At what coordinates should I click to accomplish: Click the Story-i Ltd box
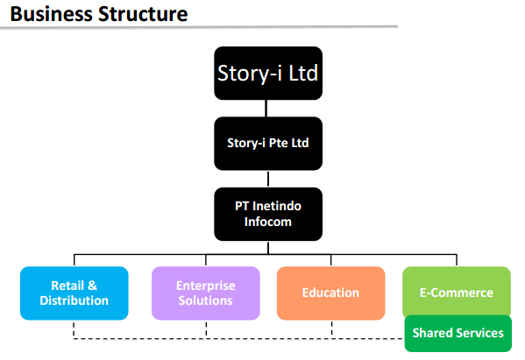coord(268,73)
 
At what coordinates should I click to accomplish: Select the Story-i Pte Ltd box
coord(268,144)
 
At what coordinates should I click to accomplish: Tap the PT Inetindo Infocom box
coord(268,214)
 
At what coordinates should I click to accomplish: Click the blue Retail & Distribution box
coord(74,293)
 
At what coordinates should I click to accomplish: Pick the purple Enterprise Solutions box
coord(206,293)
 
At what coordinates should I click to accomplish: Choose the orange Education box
coord(330,293)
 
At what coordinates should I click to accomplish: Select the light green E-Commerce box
coord(457,291)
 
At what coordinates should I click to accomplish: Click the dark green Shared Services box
coord(458,333)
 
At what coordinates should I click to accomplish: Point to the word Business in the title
coord(51,14)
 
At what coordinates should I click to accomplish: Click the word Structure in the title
coord(143,14)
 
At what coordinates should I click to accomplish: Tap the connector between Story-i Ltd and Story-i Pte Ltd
coord(266,108)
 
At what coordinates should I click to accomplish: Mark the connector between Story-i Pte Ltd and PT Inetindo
coord(268,179)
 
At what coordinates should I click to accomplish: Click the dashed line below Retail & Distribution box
coord(74,329)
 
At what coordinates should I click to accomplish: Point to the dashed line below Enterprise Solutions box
coord(206,328)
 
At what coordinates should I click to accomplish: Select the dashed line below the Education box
coord(331,328)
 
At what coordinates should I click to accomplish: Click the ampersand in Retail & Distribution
coord(92,286)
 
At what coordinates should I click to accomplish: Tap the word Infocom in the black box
coord(268,222)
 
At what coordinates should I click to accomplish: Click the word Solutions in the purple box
coord(206,300)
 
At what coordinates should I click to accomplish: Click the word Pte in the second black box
coord(278,143)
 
